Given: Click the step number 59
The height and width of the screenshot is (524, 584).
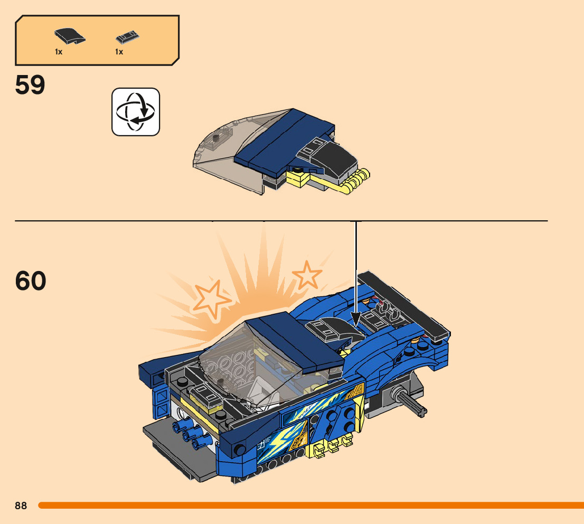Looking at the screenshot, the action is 30,85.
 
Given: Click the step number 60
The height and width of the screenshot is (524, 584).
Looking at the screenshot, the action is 31,280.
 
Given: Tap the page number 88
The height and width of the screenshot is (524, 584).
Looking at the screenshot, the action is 21,506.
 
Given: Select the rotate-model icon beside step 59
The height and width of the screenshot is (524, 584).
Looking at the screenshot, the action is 136,112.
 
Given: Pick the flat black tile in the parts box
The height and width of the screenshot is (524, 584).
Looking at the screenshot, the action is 128,38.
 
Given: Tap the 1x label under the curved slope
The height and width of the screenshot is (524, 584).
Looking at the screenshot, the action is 59,52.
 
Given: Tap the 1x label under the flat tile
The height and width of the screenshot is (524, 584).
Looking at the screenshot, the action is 119,52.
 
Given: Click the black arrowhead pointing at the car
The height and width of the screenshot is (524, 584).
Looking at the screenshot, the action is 356,319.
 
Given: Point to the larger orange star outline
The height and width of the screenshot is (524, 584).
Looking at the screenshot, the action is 212,300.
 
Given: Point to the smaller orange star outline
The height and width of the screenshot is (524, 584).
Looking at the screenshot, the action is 307,275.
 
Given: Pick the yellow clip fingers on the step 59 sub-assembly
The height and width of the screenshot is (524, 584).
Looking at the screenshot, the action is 354,182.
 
